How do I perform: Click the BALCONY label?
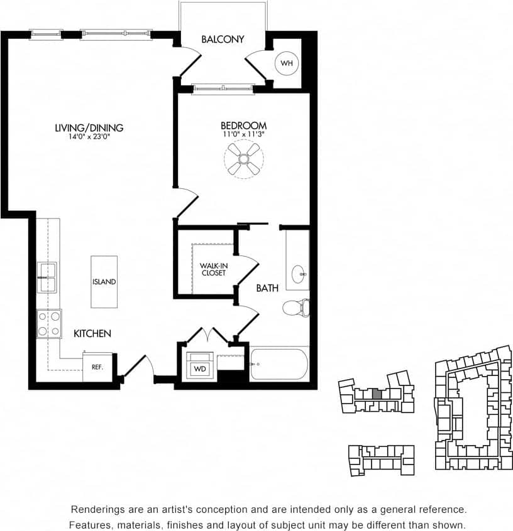tap(223, 40)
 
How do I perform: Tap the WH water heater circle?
tap(287, 63)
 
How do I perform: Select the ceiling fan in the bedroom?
tap(243, 158)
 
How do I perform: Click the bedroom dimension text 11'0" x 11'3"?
tap(243, 134)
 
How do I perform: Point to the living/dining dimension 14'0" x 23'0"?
tap(89, 137)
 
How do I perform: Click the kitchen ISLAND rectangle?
tap(104, 281)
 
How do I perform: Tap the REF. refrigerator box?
tap(97, 367)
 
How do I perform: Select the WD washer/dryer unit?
tap(200, 367)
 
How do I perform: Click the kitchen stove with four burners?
tap(48, 324)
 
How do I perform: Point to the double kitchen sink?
tap(47, 277)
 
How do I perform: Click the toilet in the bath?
tap(296, 307)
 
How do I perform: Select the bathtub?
tap(279, 364)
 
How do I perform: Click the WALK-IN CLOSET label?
tap(213, 270)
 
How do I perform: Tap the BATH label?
tap(267, 288)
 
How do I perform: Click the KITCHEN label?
tap(92, 333)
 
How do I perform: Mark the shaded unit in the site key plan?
tap(376, 394)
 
